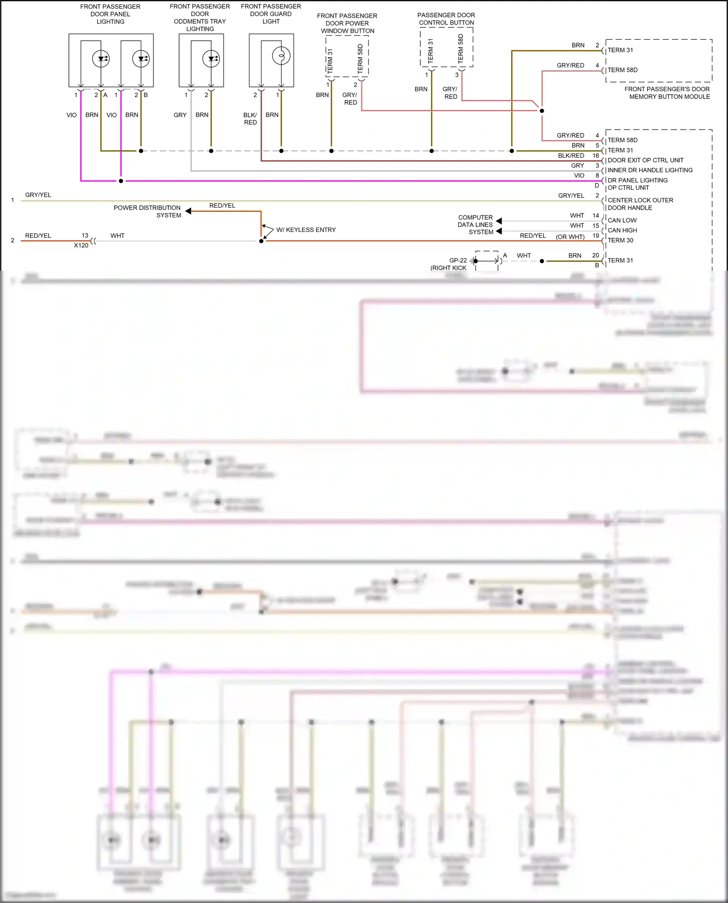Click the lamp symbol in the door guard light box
click(x=281, y=56)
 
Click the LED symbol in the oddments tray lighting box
click(x=211, y=59)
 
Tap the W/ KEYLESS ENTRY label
click(x=306, y=230)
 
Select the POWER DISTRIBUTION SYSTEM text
click(x=147, y=212)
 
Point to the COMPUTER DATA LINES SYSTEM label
click(x=475, y=225)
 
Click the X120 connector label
click(x=81, y=246)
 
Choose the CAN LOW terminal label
click(x=622, y=220)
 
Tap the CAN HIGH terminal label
click(x=622, y=230)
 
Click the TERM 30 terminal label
click(x=620, y=240)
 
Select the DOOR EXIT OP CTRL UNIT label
click(x=645, y=160)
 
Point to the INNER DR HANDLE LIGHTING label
click(x=650, y=170)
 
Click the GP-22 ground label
click(x=458, y=261)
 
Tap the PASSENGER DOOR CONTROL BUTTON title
click(x=446, y=19)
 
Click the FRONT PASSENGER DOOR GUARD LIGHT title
click(x=271, y=14)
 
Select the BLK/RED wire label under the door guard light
click(x=250, y=119)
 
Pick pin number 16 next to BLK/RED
click(x=596, y=156)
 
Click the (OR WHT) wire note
click(x=570, y=237)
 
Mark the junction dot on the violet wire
click(x=121, y=181)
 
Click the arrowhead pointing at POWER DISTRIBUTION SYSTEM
click(x=188, y=211)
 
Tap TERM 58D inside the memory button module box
click(x=622, y=70)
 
